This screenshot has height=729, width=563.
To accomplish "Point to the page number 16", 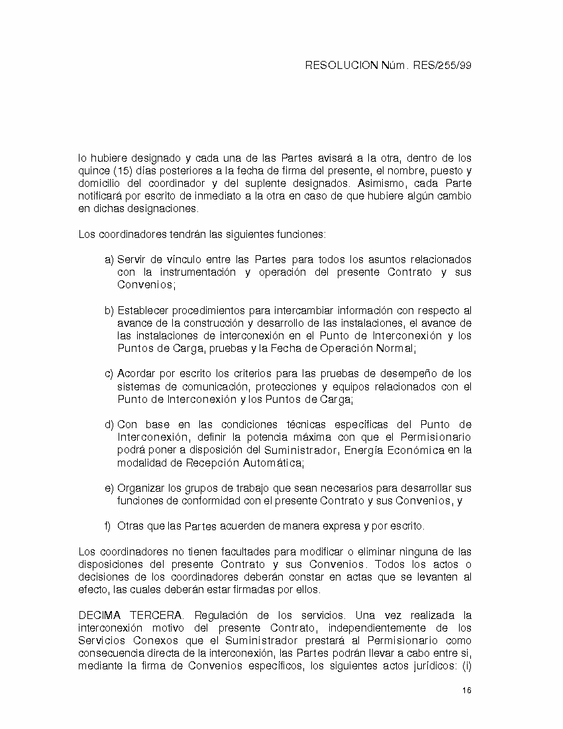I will pyautogui.click(x=467, y=691).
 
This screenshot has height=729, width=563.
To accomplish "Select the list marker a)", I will pyautogui.click(x=109, y=259).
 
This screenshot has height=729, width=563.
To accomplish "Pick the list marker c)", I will pyautogui.click(x=109, y=373).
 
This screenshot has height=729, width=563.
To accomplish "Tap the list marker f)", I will pyautogui.click(x=108, y=526).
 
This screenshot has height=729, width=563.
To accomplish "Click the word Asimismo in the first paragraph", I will pyautogui.click(x=380, y=183).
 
